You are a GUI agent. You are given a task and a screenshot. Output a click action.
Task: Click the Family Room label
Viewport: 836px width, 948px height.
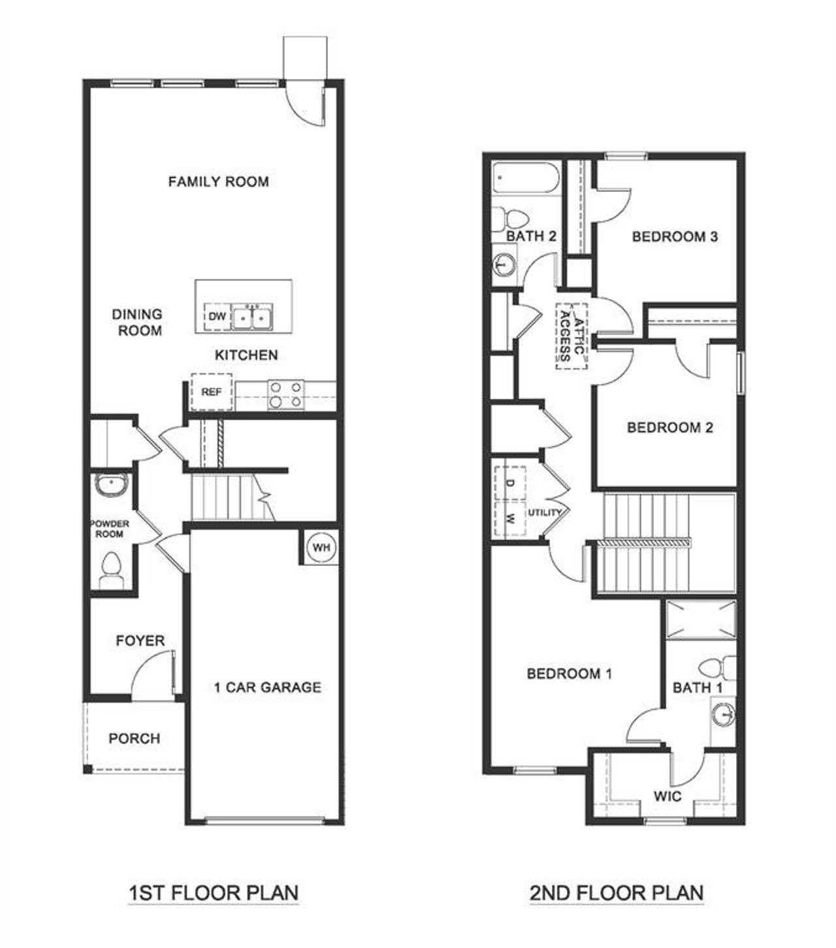(218, 182)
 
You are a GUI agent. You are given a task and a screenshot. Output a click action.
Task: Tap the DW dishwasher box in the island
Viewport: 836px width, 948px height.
(217, 317)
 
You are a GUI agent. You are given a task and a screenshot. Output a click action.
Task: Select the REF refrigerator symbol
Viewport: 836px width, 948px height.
(211, 392)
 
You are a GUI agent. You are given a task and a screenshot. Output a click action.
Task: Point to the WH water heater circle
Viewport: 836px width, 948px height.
(321, 548)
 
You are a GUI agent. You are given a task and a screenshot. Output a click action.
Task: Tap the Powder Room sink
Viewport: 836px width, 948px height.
(111, 484)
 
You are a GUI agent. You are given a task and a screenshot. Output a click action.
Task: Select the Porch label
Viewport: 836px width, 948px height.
(134, 738)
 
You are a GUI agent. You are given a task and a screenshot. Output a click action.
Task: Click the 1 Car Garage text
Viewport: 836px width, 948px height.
(268, 687)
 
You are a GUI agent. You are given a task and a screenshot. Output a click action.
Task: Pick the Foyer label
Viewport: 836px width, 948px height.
(140, 640)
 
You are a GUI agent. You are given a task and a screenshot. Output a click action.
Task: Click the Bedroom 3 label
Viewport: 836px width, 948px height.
(675, 236)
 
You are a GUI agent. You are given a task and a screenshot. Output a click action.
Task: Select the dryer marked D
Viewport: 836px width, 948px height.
(510, 483)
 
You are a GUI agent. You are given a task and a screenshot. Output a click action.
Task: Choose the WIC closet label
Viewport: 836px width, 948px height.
(667, 796)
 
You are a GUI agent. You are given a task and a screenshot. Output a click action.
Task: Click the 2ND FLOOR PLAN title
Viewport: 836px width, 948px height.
(617, 892)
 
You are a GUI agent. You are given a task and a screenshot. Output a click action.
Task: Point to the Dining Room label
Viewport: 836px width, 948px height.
(137, 323)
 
